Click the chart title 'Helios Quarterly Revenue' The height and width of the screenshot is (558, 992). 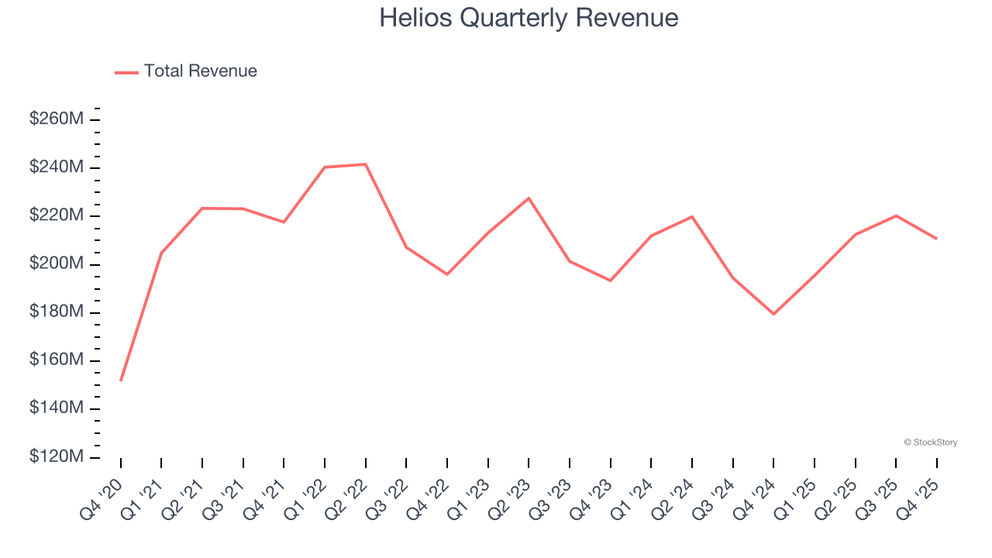point(529,18)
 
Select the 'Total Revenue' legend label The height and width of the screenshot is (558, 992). point(200,71)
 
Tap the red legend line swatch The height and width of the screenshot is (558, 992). point(126,72)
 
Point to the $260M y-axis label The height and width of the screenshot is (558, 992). point(57,119)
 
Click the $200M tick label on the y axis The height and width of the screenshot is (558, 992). point(57,263)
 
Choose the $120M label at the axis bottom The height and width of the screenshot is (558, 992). point(57,457)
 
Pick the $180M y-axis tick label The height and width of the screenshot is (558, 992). point(57,312)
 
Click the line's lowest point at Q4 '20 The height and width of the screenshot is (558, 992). point(121,381)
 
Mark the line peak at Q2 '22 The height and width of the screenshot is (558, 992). point(365,164)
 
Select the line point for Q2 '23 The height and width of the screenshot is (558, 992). point(529,198)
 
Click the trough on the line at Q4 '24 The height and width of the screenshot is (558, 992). point(773,314)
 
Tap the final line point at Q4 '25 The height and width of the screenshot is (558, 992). point(936,239)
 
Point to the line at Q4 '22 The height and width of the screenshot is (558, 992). point(447,274)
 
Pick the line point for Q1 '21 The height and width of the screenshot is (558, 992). point(161,253)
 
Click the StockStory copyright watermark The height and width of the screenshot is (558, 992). point(930,443)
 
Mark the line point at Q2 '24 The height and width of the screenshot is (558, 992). point(691,216)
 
